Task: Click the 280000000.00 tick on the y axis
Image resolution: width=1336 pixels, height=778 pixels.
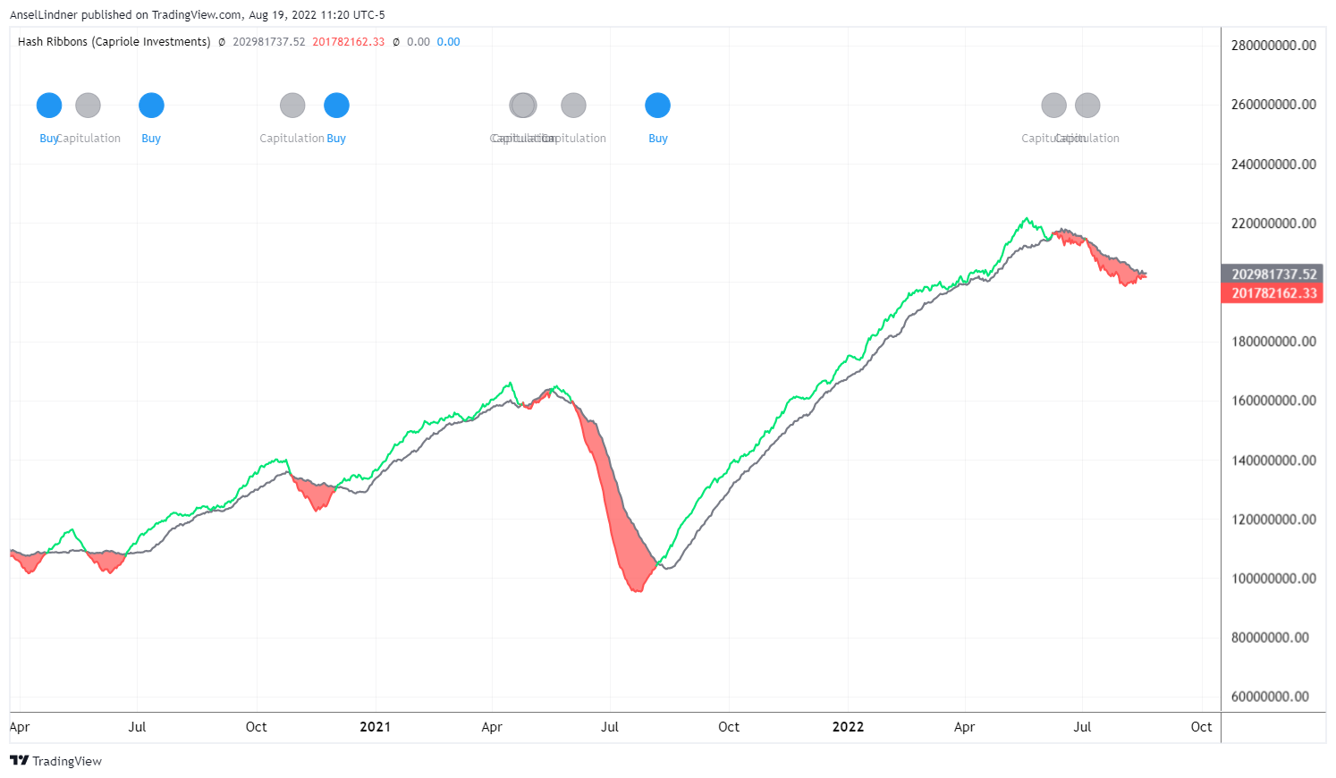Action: (x=1273, y=46)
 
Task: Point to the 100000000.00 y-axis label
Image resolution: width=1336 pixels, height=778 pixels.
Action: (x=1273, y=579)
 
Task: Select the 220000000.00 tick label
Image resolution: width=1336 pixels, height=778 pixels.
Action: (x=1273, y=224)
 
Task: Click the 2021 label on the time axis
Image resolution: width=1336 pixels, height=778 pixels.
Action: (x=375, y=727)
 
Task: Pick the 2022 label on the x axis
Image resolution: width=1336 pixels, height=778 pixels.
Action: (x=848, y=727)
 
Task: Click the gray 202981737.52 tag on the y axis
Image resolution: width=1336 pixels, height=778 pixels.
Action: (x=1273, y=275)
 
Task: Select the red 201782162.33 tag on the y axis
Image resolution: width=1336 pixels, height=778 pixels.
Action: (x=1273, y=293)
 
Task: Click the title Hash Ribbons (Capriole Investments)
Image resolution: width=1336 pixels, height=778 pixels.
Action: (x=114, y=42)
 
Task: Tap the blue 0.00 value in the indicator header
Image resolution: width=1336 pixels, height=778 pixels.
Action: (x=448, y=42)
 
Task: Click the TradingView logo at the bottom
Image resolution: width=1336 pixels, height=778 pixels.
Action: (x=56, y=761)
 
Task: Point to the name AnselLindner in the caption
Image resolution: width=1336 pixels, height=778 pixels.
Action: (x=44, y=15)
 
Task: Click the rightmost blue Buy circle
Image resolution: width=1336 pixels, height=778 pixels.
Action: (x=657, y=106)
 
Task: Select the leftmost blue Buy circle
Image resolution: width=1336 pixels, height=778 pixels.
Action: (x=49, y=106)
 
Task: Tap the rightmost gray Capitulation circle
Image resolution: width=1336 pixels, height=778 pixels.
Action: (x=1087, y=106)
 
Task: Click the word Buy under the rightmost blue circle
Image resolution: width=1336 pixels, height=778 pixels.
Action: (x=657, y=139)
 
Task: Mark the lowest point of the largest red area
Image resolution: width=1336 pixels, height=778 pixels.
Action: (x=637, y=591)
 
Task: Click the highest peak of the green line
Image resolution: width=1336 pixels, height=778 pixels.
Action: (x=1027, y=218)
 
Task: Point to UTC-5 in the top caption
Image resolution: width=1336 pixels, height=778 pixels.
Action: (x=369, y=15)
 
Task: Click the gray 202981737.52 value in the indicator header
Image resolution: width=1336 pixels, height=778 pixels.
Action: (x=268, y=42)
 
